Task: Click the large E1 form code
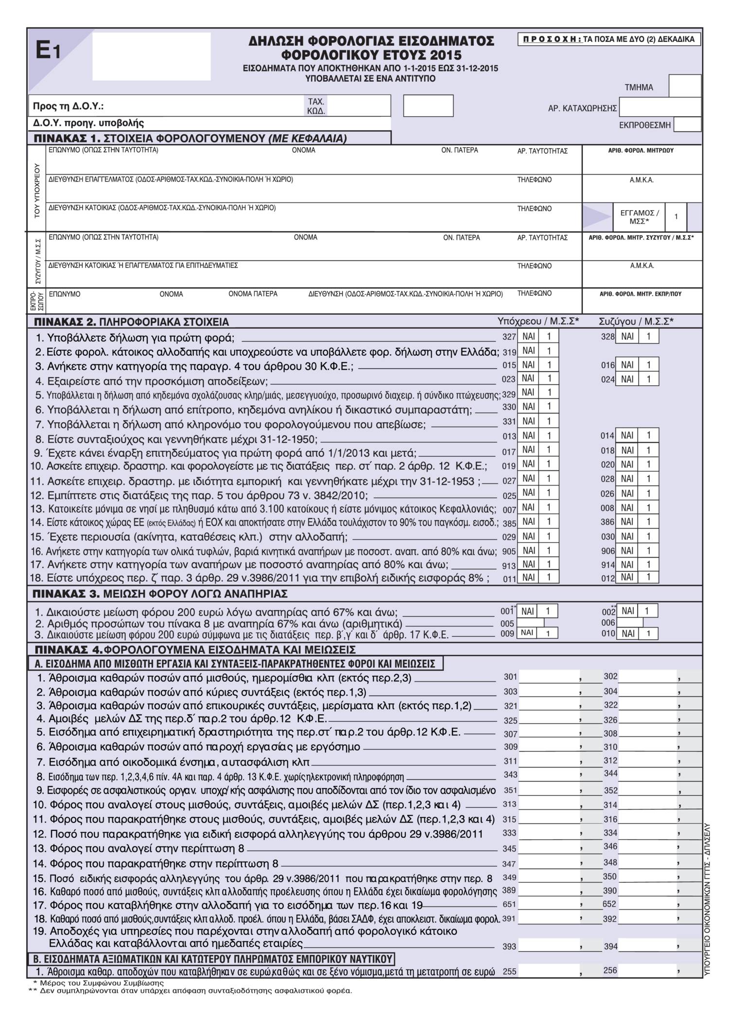click(48, 51)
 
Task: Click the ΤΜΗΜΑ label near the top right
click(639, 88)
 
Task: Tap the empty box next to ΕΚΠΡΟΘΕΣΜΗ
click(687, 125)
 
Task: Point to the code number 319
click(509, 352)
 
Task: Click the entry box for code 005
click(530, 623)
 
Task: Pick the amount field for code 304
click(648, 691)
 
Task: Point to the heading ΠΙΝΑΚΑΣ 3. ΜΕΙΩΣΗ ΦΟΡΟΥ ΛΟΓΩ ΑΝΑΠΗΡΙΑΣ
click(160, 594)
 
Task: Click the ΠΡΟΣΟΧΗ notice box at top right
click(609, 39)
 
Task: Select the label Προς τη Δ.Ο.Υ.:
click(68, 106)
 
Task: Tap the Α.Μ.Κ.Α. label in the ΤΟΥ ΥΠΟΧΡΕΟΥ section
click(642, 180)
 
